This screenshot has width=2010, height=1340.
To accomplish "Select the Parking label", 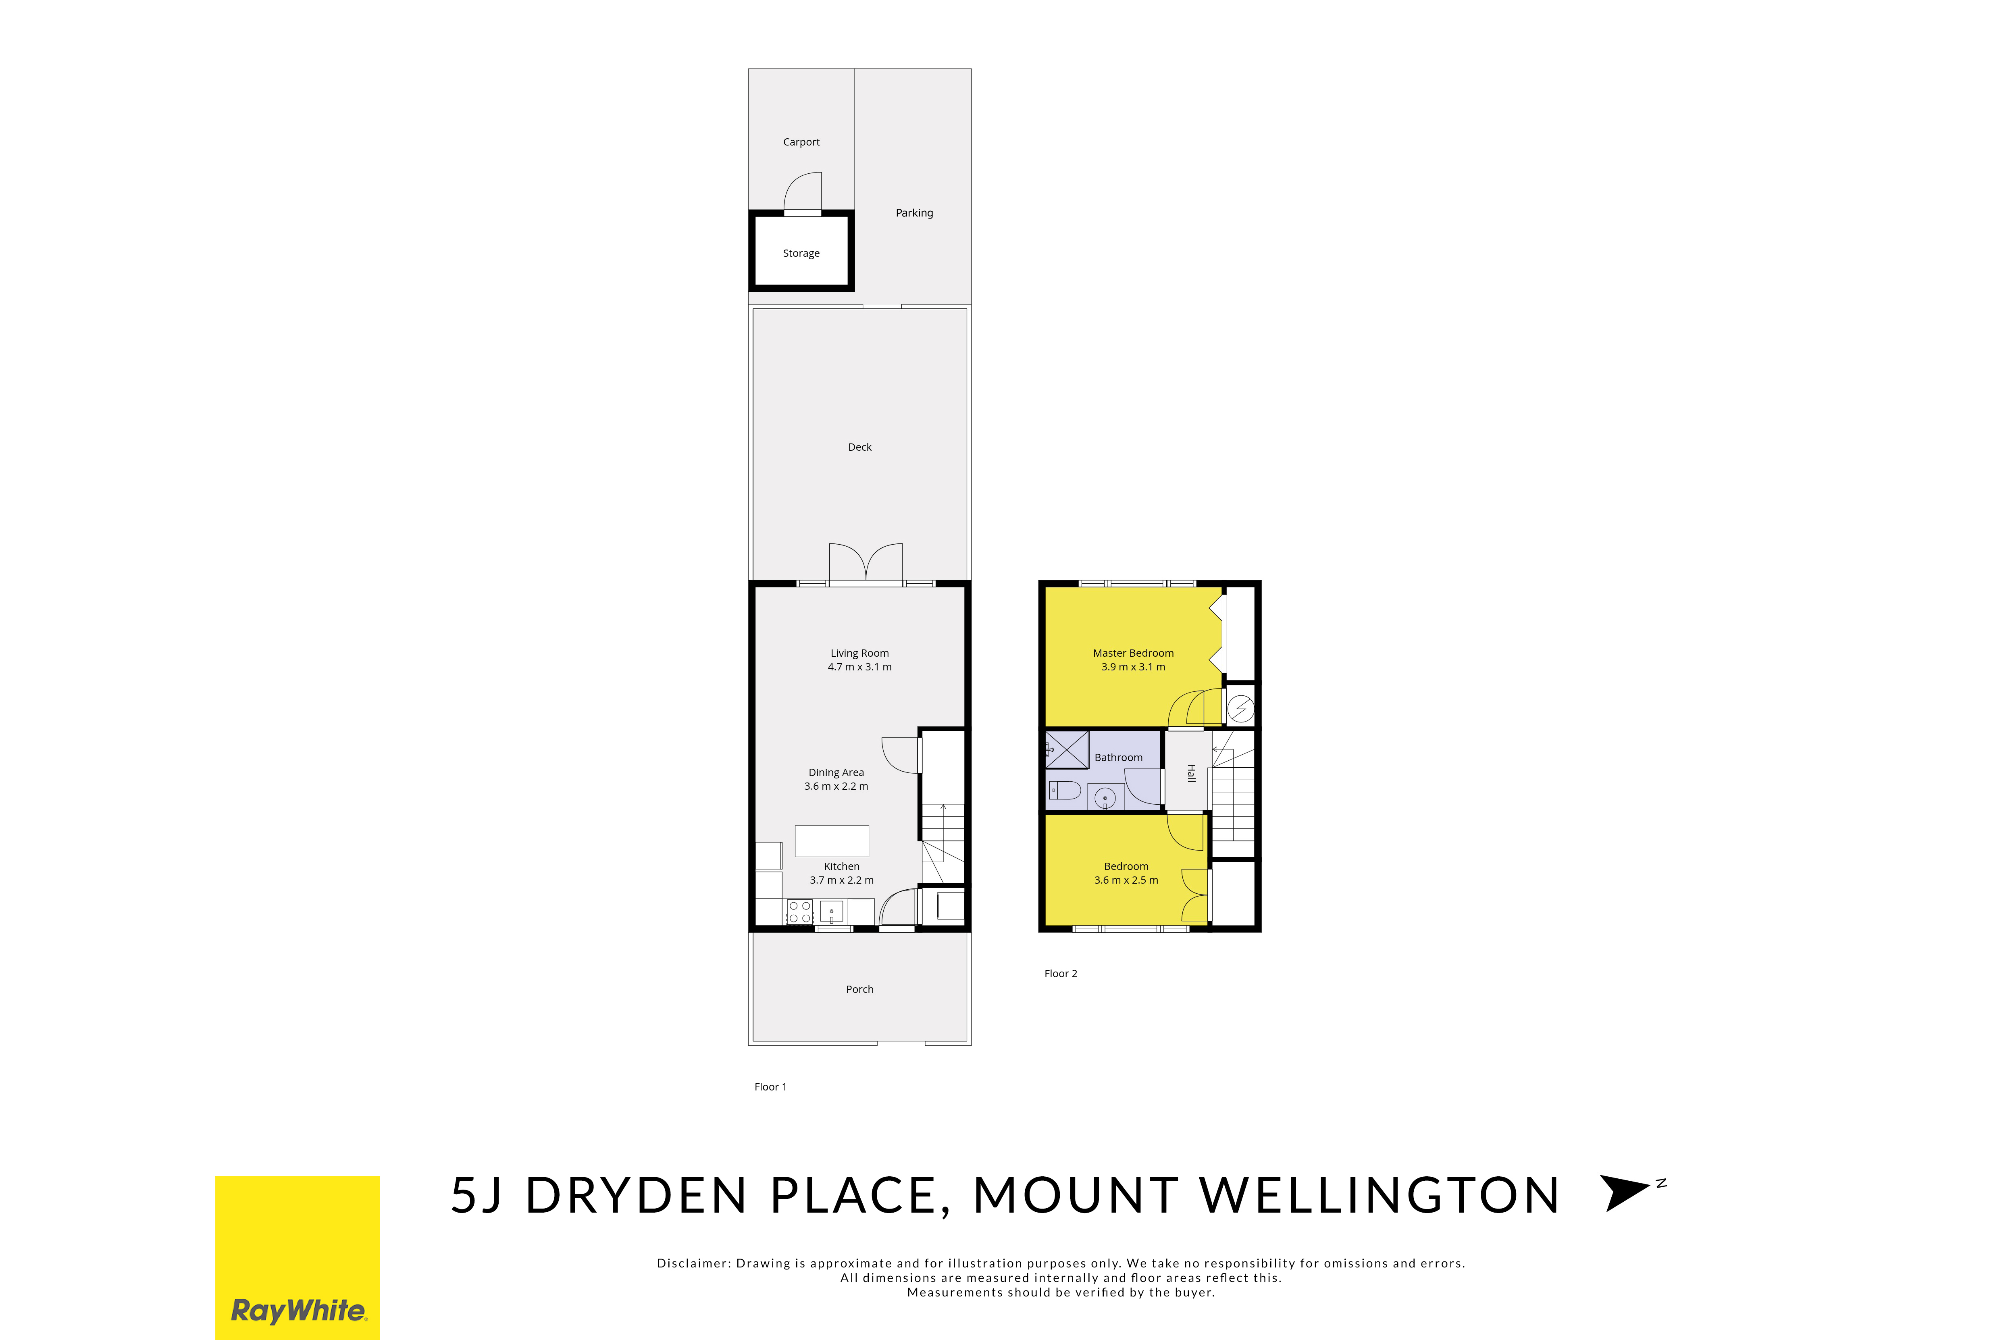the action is (x=914, y=213).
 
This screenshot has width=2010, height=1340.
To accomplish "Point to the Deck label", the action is (x=860, y=447).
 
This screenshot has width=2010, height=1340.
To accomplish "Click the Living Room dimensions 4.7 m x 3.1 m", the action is (x=860, y=667).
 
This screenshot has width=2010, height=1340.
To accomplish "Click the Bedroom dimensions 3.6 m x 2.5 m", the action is (x=1126, y=880).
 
